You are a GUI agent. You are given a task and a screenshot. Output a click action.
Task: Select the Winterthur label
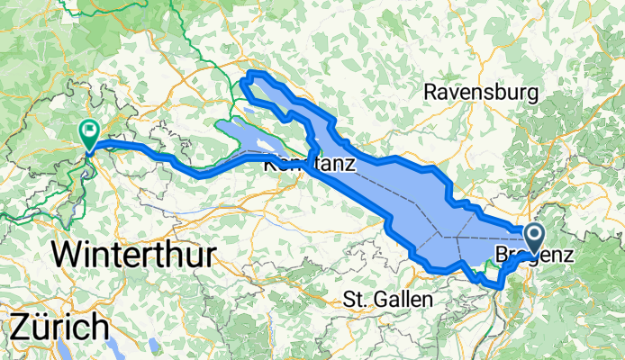tap(133, 255)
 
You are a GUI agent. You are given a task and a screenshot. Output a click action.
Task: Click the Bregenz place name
tap(535, 255)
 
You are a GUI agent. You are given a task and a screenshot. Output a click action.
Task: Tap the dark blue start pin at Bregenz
tap(533, 238)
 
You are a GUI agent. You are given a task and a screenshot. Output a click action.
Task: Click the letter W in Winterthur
tap(68, 255)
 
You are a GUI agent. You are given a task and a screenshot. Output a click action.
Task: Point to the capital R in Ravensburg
tap(431, 92)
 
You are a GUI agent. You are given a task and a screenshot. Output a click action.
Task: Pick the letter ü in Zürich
tap(43, 325)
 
